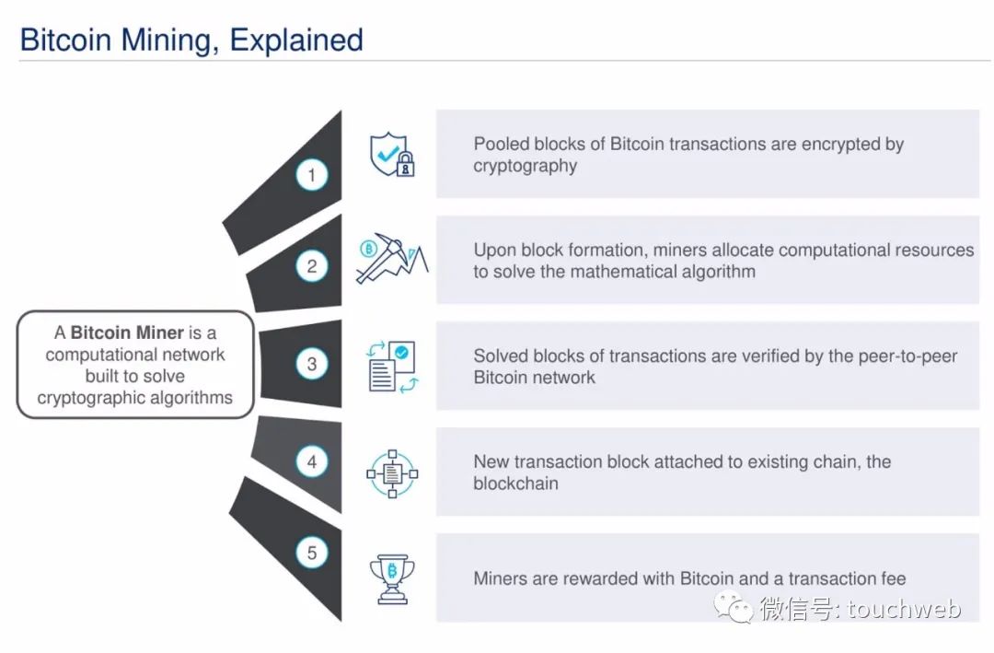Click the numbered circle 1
312,174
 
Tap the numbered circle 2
312,266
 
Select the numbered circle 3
312,364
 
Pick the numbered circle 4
312,461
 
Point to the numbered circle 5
312,552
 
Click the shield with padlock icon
392,154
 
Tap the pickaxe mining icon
392,258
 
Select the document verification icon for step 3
392,367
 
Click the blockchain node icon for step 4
392,473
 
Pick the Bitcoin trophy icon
392,578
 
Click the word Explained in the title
296,40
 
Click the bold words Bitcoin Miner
127,332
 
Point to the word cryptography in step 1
525,167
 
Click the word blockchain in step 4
515,483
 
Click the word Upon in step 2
495,251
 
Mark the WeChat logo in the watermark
735,607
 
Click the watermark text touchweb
904,608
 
